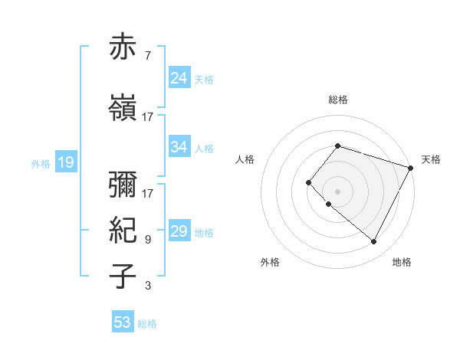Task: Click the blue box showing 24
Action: pyautogui.click(x=179, y=78)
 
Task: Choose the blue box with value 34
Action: pyautogui.click(x=179, y=147)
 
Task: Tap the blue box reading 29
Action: pyautogui.click(x=179, y=231)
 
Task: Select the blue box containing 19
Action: pyautogui.click(x=65, y=162)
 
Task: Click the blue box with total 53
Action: pyautogui.click(x=123, y=322)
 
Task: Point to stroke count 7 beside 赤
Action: pyautogui.click(x=147, y=56)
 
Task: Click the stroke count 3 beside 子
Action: pyautogui.click(x=147, y=286)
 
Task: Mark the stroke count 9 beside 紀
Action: pyautogui.click(x=147, y=240)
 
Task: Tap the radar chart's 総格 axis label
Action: pyautogui.click(x=337, y=100)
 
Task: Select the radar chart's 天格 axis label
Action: pyautogui.click(x=431, y=159)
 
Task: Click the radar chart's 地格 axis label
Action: pyautogui.click(x=402, y=263)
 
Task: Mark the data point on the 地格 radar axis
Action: pyautogui.click(x=373, y=242)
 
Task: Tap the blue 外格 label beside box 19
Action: pyautogui.click(x=40, y=163)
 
